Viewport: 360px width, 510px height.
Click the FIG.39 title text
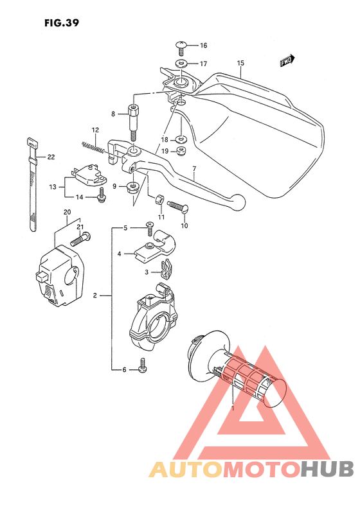tap(62, 24)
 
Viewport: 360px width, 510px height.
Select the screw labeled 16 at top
tap(181, 46)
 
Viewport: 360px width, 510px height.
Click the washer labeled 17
tap(181, 64)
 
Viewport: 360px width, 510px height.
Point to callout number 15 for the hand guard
tap(241, 63)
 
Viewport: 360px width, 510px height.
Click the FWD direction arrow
tap(287, 61)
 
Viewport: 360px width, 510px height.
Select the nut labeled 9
tap(132, 187)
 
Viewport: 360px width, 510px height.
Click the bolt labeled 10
tap(176, 207)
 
